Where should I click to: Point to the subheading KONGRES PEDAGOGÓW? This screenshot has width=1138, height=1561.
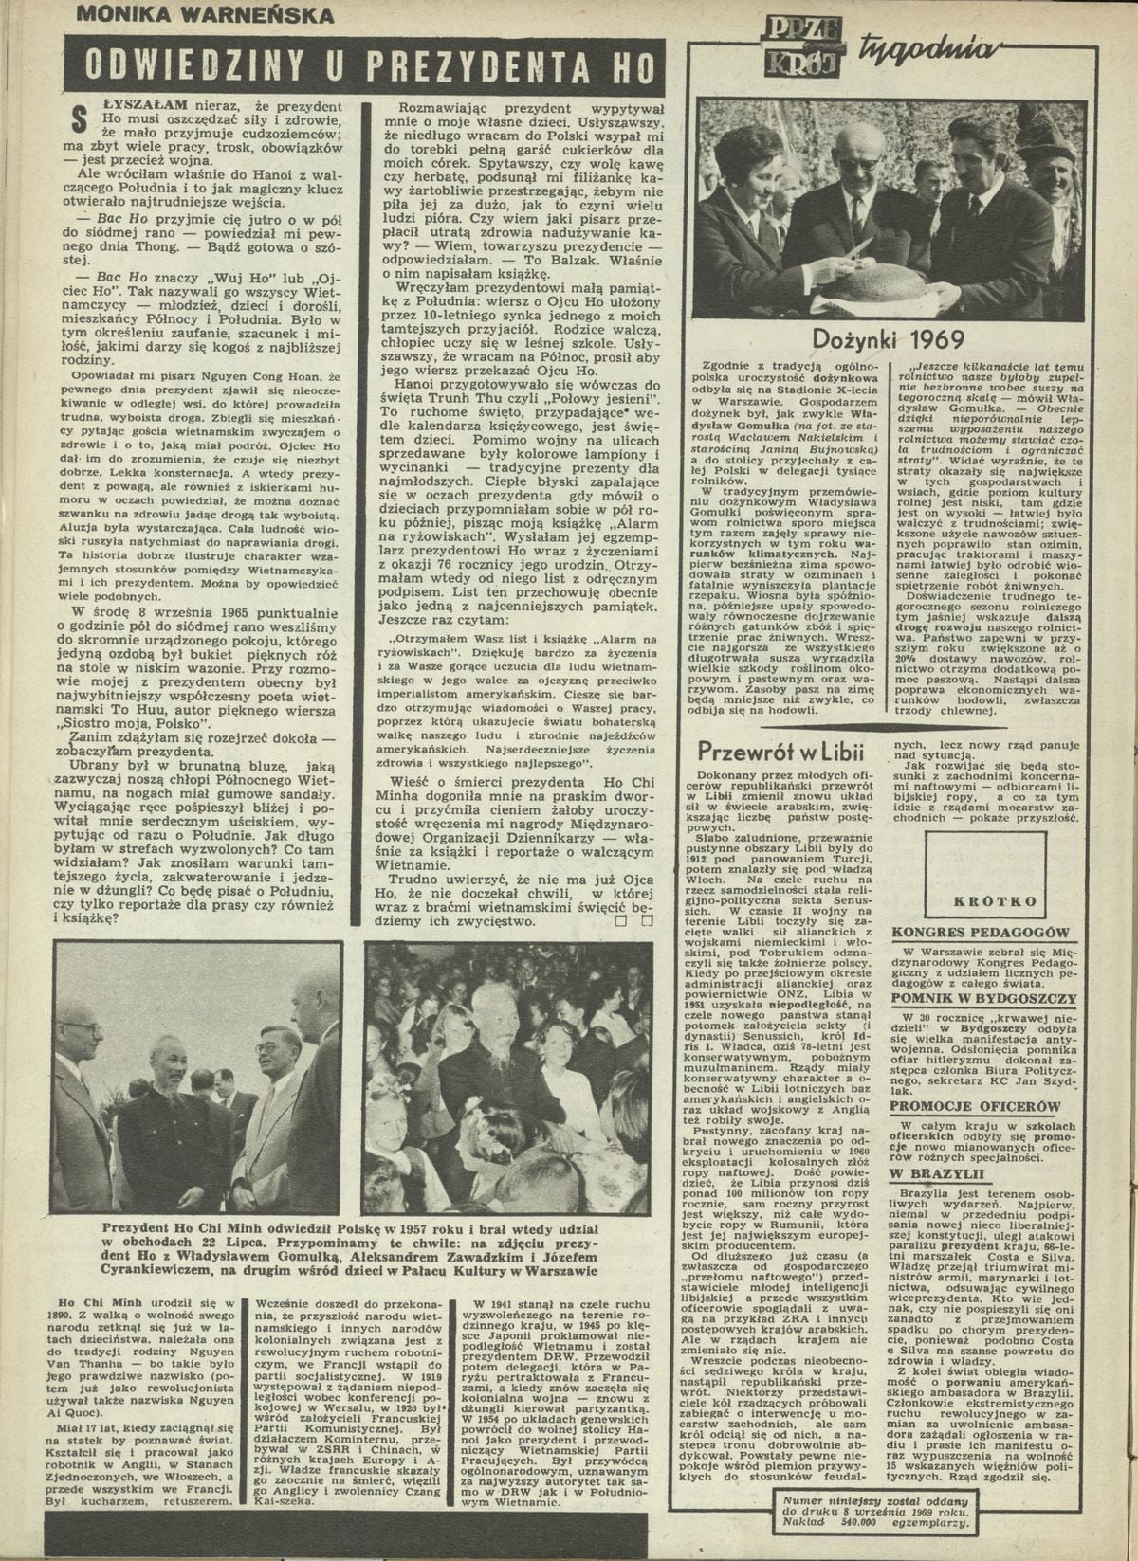(x=981, y=934)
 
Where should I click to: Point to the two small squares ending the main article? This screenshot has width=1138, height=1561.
(x=631, y=919)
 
